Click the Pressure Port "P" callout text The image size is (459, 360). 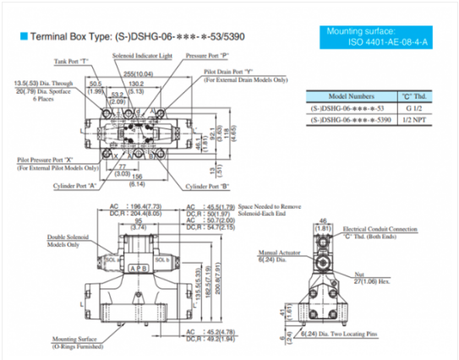point(207,55)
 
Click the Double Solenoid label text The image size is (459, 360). point(68,239)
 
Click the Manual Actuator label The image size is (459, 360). point(279,253)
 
